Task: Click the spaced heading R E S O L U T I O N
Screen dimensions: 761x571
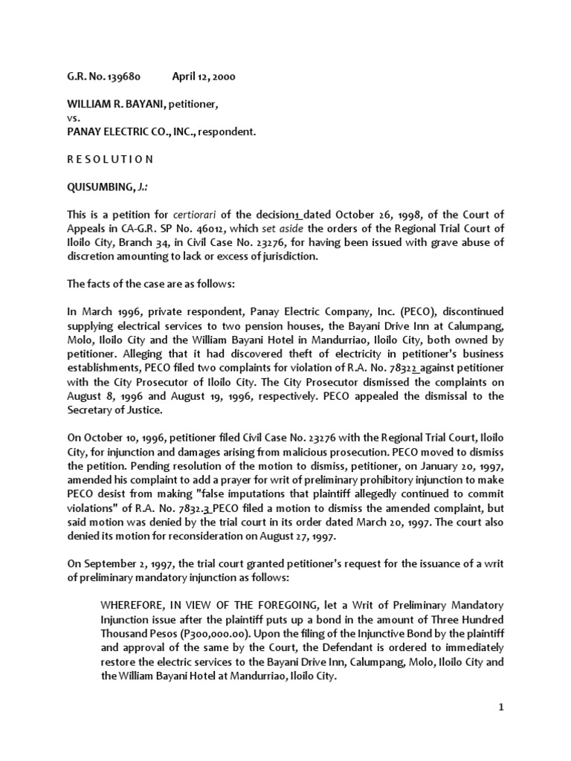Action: [111, 159]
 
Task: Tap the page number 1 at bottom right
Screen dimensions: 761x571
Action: [502, 707]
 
